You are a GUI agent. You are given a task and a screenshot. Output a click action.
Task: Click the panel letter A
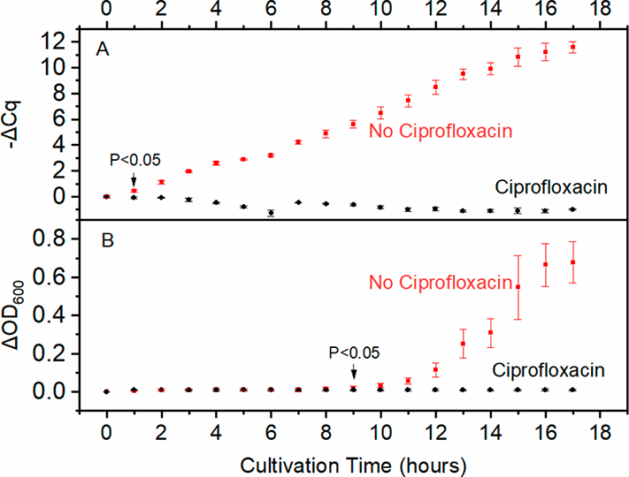[x=103, y=50]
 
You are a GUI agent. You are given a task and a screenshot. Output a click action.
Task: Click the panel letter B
[x=103, y=238]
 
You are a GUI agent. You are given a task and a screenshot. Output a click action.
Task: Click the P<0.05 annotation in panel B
[x=354, y=352]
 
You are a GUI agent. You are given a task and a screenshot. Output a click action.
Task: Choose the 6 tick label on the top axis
[x=271, y=11]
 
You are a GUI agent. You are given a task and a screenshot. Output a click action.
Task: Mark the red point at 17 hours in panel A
[x=572, y=47]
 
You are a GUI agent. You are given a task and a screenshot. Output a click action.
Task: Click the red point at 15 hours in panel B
[x=518, y=287]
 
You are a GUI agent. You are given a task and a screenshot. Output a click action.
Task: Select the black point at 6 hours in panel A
[x=271, y=213]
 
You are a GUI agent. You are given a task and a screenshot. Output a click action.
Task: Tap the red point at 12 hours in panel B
[x=435, y=369]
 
